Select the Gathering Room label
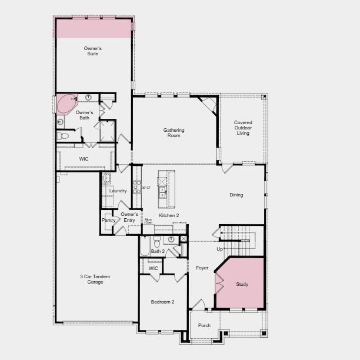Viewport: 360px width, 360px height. click(x=174, y=132)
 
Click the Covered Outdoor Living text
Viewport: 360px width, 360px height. click(x=242, y=128)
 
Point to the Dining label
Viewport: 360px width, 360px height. click(x=236, y=195)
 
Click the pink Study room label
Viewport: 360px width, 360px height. click(x=242, y=284)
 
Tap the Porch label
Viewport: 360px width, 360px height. click(x=204, y=325)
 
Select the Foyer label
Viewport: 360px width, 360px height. click(x=202, y=268)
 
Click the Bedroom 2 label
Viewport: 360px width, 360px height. click(x=162, y=302)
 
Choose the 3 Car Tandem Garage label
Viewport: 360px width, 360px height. click(x=95, y=279)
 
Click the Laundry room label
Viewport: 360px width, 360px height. click(x=118, y=191)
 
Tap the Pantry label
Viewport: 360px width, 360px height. click(x=108, y=220)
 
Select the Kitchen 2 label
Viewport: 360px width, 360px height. click(x=169, y=215)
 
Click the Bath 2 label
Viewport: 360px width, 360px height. click(x=157, y=251)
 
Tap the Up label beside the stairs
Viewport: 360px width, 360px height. click(x=219, y=249)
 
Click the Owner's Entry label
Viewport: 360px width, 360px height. click(x=129, y=217)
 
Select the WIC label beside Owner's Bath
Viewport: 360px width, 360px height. click(x=84, y=159)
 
